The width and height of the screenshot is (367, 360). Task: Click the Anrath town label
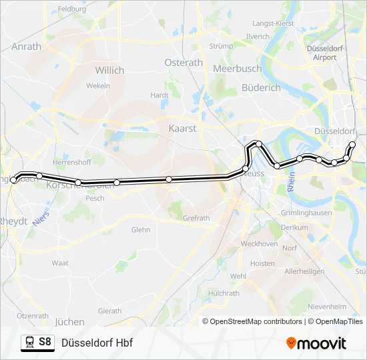tap(27, 47)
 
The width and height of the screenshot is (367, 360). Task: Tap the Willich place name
tap(109, 70)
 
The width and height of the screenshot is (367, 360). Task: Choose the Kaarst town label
tap(182, 128)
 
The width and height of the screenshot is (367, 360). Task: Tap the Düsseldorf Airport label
tap(324, 53)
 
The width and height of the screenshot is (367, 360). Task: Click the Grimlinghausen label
tap(307, 213)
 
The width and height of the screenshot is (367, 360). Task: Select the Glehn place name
tap(141, 229)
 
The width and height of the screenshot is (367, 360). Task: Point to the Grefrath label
tap(196, 218)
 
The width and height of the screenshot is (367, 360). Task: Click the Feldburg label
tap(72, 9)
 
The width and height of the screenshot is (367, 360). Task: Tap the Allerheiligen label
tap(304, 272)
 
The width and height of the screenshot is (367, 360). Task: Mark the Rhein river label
tap(292, 184)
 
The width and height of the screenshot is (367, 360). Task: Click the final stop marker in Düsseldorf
tap(353, 145)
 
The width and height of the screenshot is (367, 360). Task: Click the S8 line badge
tap(45, 342)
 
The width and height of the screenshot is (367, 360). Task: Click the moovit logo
tap(316, 343)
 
